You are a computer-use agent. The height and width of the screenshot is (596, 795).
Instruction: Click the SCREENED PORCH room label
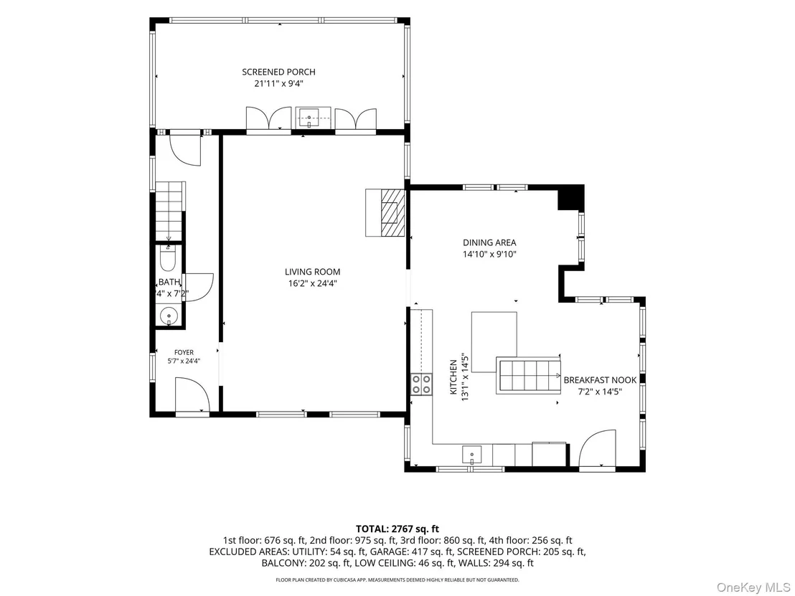click(278, 72)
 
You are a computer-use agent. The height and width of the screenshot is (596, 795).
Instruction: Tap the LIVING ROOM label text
click(312, 272)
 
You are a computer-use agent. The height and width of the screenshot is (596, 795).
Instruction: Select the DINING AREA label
click(489, 242)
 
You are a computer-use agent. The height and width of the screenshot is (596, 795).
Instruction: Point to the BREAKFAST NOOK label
click(600, 380)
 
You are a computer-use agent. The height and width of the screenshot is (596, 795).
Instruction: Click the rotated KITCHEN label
click(453, 377)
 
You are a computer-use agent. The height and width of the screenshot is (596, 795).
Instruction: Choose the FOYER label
click(184, 352)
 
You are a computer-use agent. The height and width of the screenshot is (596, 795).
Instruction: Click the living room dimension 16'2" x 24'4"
click(312, 284)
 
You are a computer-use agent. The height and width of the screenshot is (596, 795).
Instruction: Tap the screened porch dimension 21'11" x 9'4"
click(278, 84)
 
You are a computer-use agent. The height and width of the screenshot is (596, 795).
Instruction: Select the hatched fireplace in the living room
click(386, 212)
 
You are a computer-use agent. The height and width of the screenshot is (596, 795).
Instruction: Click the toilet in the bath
click(167, 258)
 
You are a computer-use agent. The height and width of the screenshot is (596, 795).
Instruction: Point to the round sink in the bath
click(169, 316)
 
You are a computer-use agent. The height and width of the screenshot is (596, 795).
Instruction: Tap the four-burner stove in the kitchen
click(421, 384)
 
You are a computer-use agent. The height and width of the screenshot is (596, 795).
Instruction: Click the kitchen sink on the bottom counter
click(471, 455)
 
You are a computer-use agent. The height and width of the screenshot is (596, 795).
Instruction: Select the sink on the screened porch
click(309, 118)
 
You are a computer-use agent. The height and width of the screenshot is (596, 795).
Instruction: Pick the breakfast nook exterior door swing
click(597, 448)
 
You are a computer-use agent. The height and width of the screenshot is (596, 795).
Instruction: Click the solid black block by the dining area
click(571, 198)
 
